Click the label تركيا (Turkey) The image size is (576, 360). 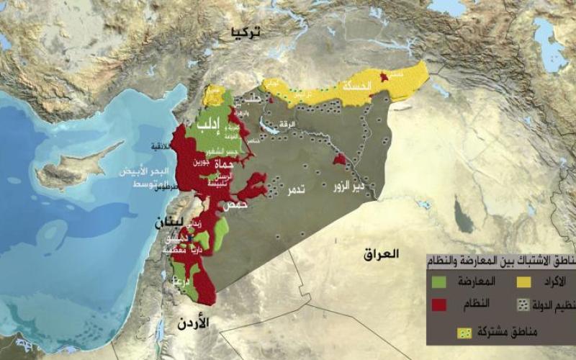point(245,32)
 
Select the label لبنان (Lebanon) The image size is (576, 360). point(173,221)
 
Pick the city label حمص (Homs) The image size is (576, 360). point(235,205)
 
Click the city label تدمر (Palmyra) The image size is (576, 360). point(296,191)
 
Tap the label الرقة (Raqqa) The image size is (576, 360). point(287,124)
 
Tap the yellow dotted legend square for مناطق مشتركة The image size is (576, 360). point(465,333)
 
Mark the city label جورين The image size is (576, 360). point(201,163)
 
